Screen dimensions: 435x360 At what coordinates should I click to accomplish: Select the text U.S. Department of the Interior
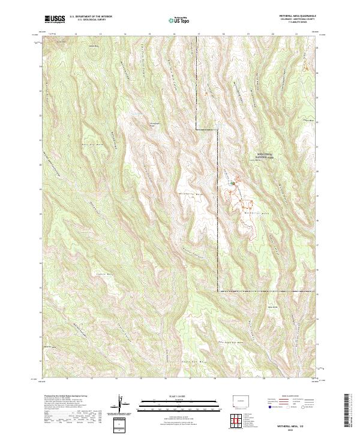pos(91,16)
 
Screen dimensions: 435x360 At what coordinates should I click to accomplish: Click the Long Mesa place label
pos(257,160)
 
